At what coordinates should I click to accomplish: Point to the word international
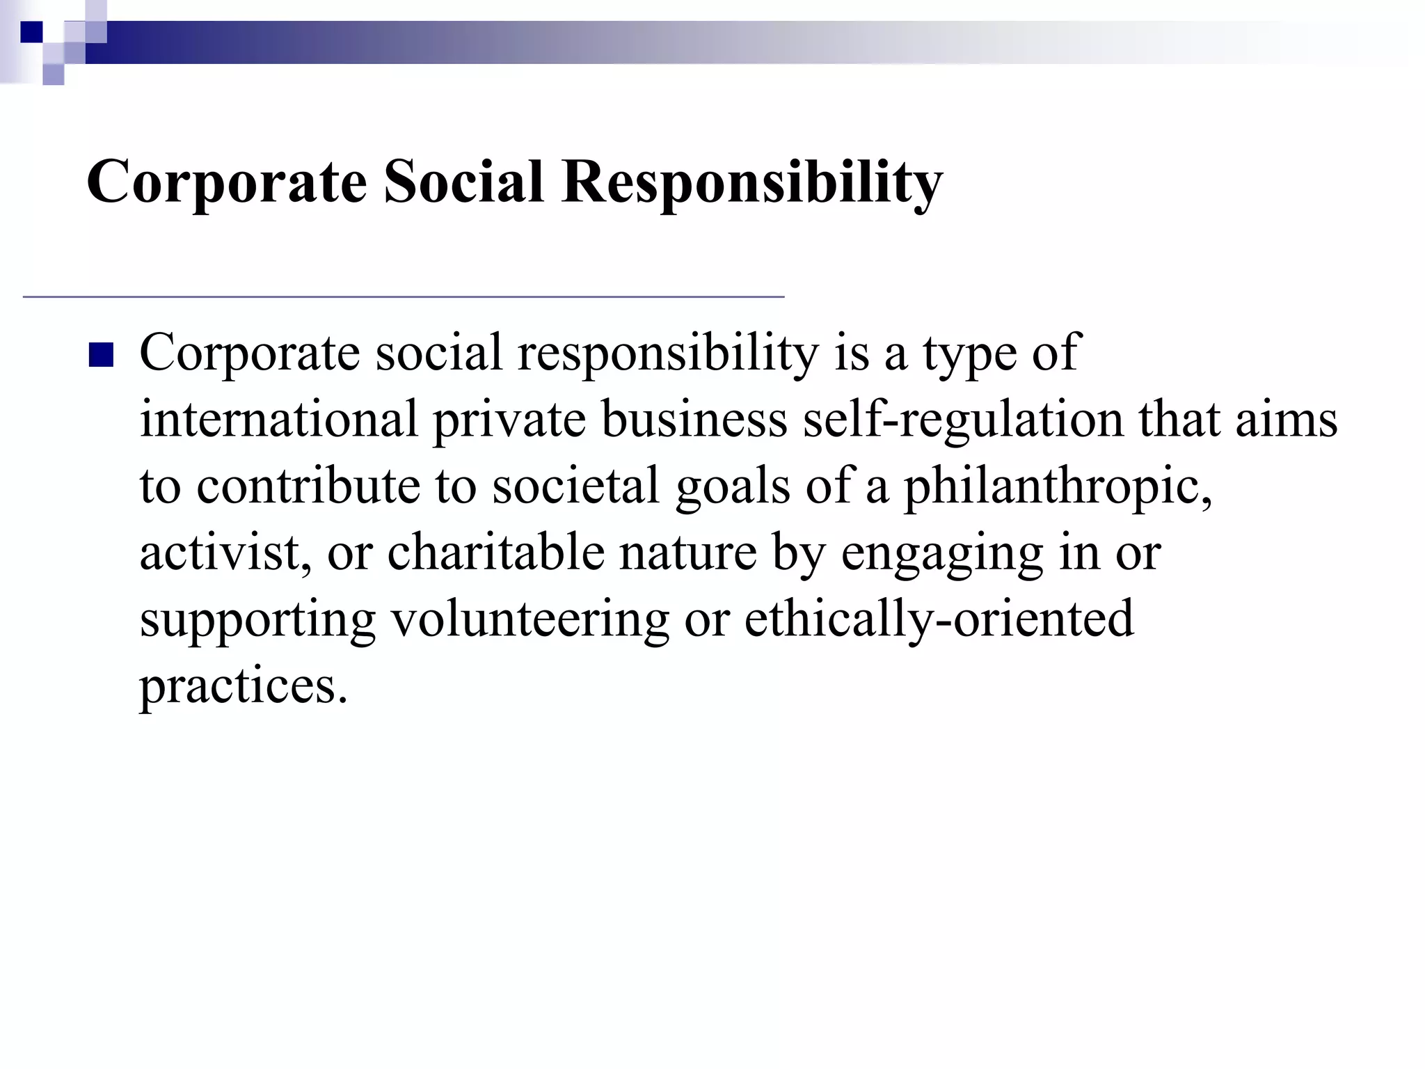click(x=279, y=420)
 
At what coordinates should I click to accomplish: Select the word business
click(x=694, y=420)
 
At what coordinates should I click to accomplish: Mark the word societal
click(x=575, y=486)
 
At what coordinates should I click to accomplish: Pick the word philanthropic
click(x=1058, y=487)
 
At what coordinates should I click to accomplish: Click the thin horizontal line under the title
click(x=404, y=297)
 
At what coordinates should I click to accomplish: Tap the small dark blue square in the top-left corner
click(x=31, y=32)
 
